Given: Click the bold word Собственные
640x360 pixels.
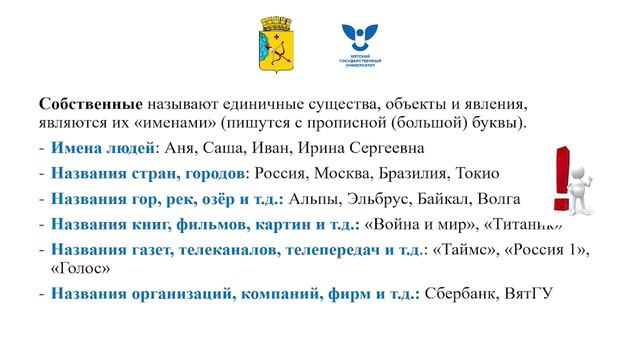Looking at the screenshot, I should (91, 105).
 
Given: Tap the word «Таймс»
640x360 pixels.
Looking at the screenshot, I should (461, 247).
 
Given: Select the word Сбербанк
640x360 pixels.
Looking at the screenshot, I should (462, 294).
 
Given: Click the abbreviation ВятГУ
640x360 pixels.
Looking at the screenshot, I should (529, 294).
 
